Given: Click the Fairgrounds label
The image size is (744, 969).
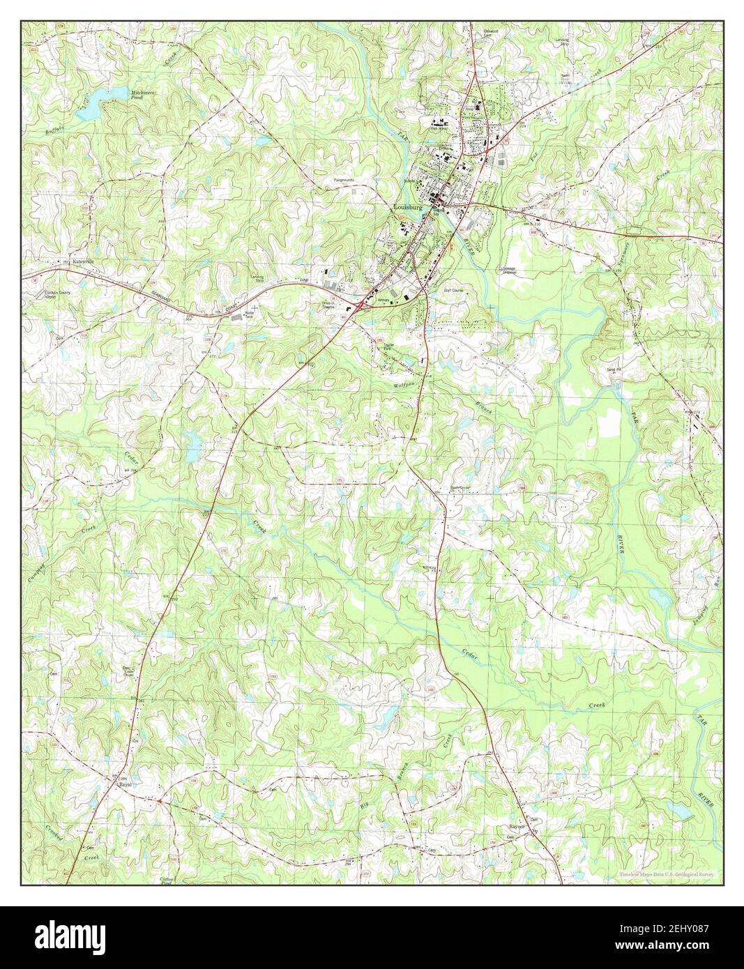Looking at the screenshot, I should click(344, 180).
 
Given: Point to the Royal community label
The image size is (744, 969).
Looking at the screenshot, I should click(126, 784).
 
